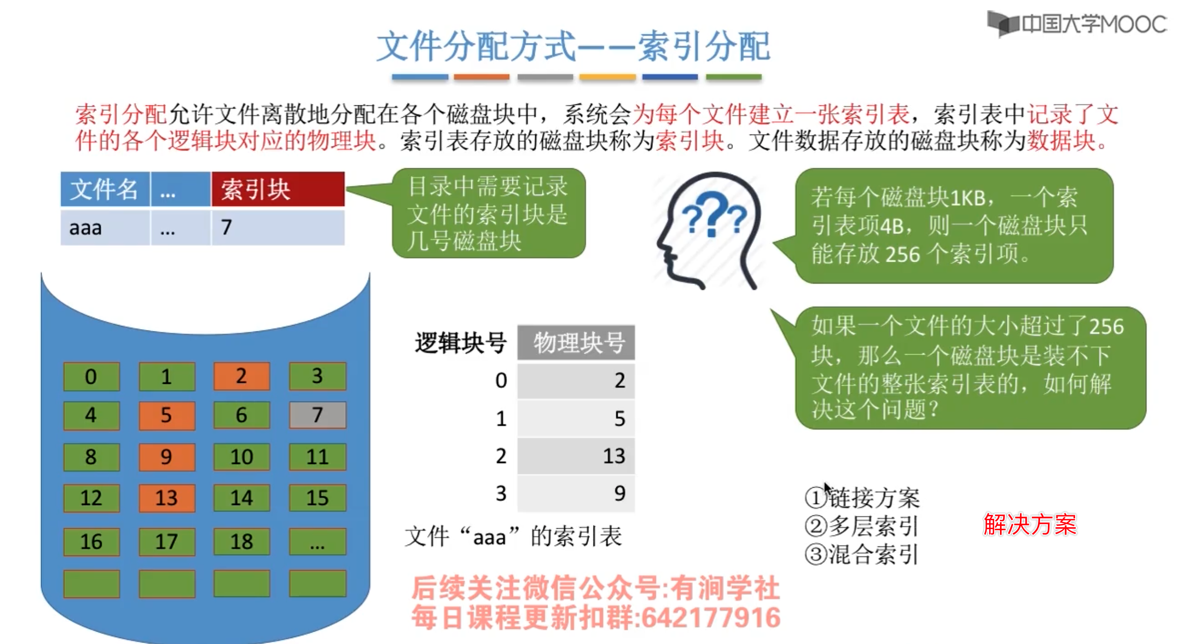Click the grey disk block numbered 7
point(317,415)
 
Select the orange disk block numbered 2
point(241,376)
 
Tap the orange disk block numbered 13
point(167,498)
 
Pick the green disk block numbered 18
point(241,541)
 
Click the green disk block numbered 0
point(91,376)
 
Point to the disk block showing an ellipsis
point(317,541)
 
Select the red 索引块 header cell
point(277,189)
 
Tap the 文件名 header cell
point(105,189)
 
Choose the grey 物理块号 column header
point(576,342)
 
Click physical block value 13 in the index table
point(576,456)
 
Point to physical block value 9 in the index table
point(576,493)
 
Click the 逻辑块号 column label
point(460,342)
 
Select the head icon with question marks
point(710,230)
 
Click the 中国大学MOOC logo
point(1077,24)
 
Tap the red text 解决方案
point(1030,524)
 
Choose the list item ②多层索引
point(862,526)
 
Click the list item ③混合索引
point(862,554)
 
